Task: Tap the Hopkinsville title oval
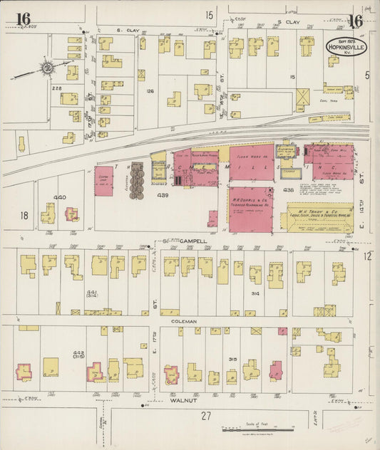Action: [x=347, y=46]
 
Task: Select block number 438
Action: [x=288, y=190]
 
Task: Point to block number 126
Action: [x=150, y=91]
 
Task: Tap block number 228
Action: [x=56, y=88]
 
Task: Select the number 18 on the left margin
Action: [x=24, y=215]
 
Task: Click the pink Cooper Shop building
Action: [x=104, y=182]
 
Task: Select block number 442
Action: [x=79, y=354]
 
